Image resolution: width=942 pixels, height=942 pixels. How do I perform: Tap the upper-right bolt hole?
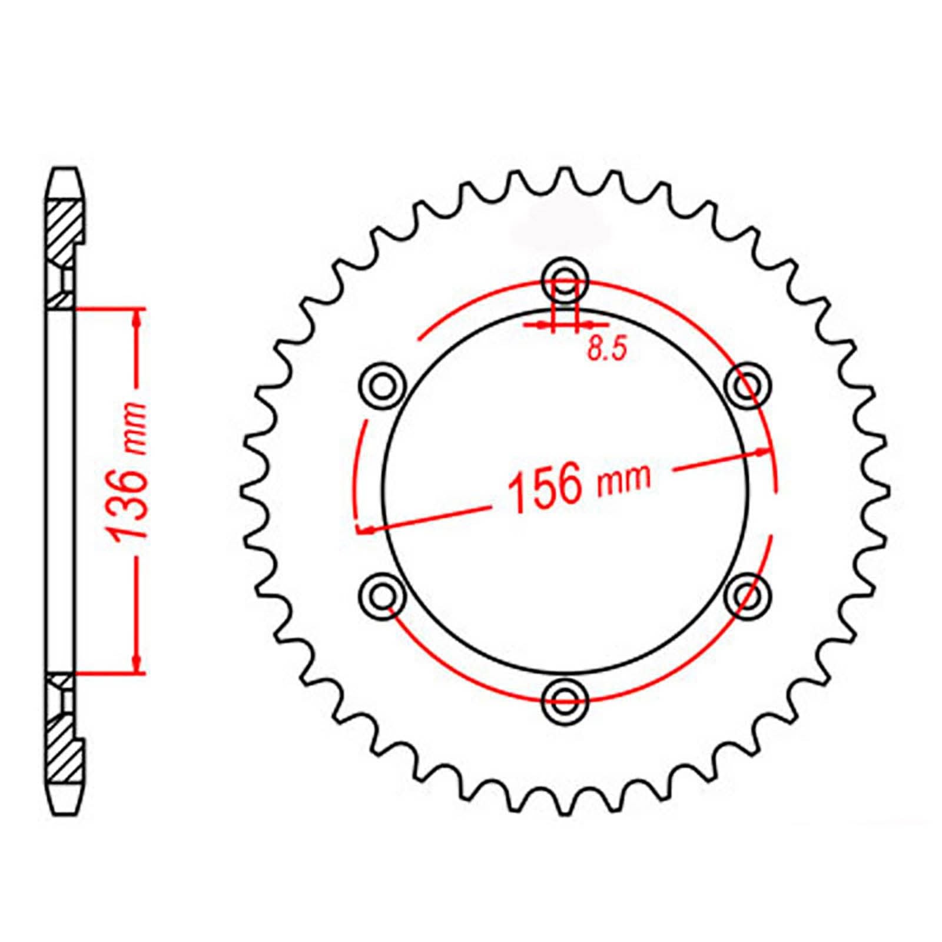[747, 385]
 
